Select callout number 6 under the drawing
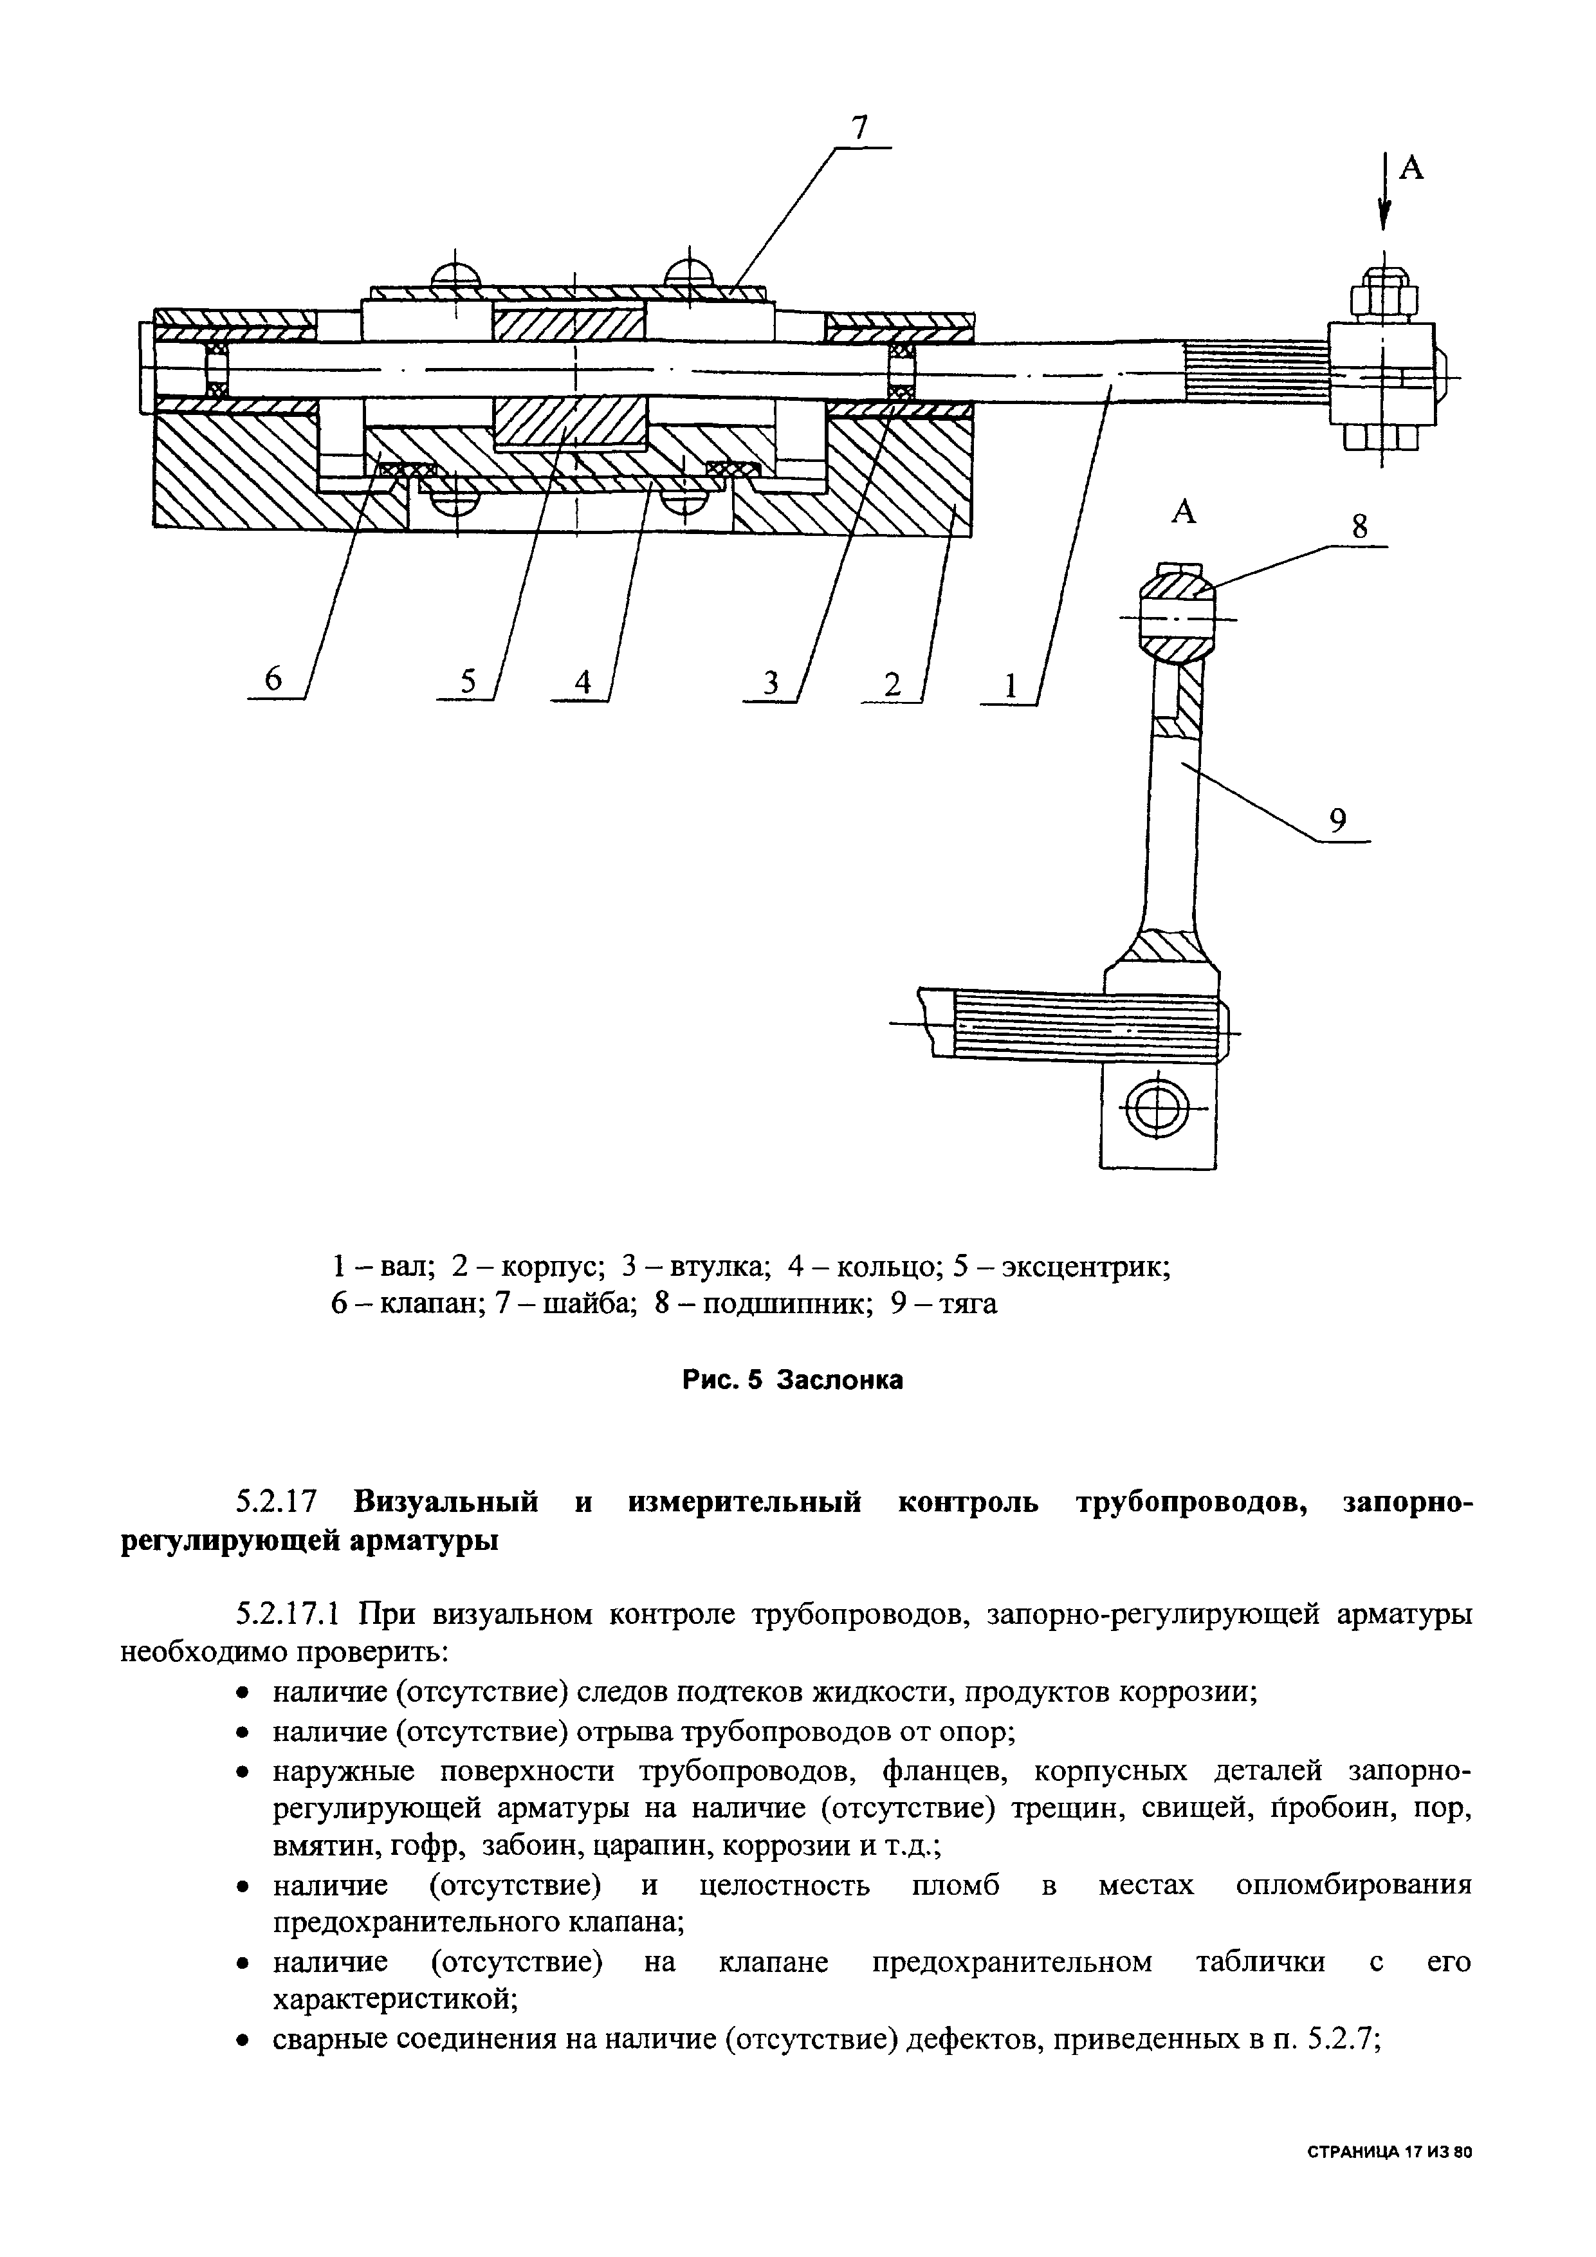pos(273,679)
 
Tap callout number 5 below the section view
pos(467,680)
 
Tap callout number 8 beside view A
pos(1359,527)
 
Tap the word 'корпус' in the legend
pos(546,1266)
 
